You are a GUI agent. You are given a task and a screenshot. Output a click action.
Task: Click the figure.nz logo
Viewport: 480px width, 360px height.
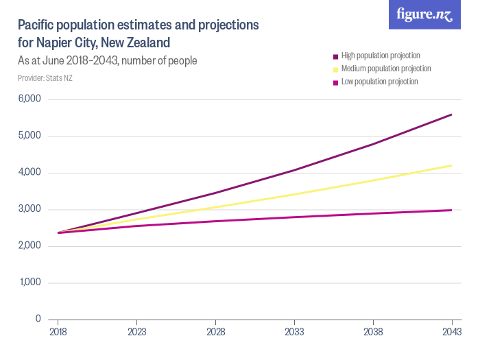(424, 15)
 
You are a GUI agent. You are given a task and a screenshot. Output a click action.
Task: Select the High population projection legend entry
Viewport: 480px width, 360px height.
(380, 56)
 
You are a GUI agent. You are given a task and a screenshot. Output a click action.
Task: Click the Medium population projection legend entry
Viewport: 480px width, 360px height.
(385, 69)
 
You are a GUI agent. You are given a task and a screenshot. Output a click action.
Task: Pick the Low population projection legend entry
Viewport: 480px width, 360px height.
(379, 82)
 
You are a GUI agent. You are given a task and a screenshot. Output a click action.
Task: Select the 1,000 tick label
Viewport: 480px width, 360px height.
(30, 283)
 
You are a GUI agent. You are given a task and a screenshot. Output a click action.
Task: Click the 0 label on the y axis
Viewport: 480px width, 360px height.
(38, 319)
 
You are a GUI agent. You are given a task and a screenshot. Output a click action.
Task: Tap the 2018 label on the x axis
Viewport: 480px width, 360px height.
(58, 331)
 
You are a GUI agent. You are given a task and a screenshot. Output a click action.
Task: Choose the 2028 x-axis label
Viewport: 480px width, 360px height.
(215, 331)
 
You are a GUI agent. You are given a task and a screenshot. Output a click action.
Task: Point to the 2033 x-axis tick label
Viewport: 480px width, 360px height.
(294, 331)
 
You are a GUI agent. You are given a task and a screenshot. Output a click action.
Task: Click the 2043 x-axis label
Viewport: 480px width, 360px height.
(451, 331)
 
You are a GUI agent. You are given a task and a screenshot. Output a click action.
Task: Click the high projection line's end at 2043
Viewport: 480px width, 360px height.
(451, 115)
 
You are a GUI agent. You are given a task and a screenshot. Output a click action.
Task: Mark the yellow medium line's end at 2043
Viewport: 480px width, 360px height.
(451, 165)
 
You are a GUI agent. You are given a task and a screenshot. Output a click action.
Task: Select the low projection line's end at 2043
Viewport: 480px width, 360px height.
(451, 210)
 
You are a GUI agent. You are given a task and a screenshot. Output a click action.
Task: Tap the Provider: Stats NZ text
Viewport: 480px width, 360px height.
(45, 78)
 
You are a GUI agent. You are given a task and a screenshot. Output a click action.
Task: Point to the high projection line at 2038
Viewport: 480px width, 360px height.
(373, 144)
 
